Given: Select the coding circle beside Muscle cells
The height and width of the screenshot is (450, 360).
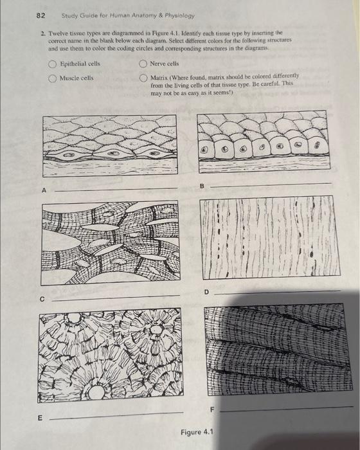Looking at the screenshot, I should click(x=52, y=78).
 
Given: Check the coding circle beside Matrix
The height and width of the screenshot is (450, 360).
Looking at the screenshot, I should click(x=143, y=78).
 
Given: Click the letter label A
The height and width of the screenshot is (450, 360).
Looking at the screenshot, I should click(x=45, y=190).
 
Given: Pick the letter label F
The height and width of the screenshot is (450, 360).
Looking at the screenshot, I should click(x=210, y=409).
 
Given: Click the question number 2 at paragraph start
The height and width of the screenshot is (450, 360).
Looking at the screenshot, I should click(x=42, y=31).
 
